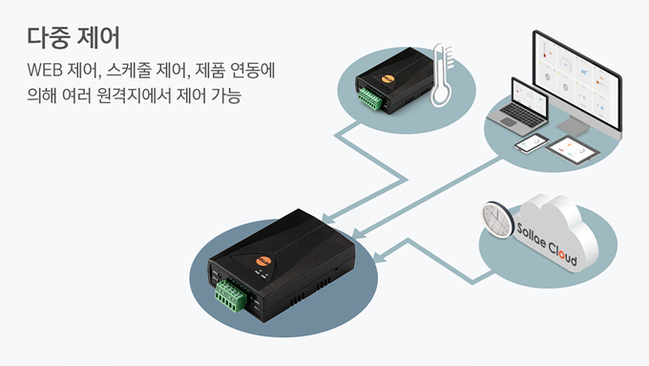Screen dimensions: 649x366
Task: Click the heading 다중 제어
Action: [73, 37]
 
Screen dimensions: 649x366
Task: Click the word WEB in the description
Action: [45, 70]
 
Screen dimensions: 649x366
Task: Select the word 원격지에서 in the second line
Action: [134, 96]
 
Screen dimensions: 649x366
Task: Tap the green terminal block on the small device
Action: [370, 98]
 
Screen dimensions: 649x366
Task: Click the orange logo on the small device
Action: [387, 77]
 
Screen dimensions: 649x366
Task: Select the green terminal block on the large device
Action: [231, 294]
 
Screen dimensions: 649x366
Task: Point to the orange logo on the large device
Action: [263, 260]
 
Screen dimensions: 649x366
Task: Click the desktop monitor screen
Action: [577, 79]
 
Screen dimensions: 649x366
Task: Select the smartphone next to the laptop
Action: [532, 143]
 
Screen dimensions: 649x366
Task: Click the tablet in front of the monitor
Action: [573, 150]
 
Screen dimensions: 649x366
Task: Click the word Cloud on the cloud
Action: [562, 253]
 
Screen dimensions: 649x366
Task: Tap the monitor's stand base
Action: [575, 126]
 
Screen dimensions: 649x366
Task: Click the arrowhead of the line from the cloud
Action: [379, 257]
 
